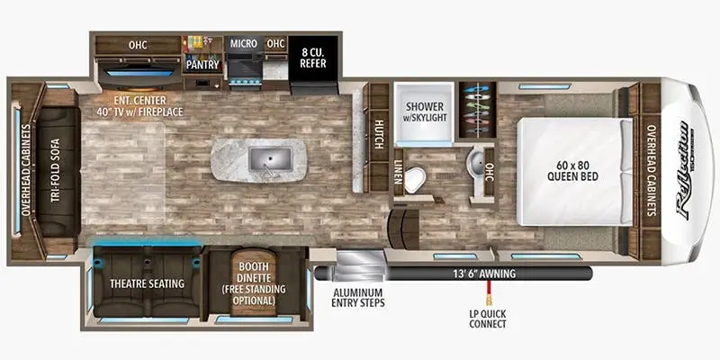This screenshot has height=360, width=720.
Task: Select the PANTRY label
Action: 204,65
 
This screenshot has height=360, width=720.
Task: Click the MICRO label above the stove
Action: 244,43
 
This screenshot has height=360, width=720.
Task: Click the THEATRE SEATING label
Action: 148,283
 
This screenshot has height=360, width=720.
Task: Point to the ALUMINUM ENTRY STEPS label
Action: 358,298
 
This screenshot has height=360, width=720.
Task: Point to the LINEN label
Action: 397,170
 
